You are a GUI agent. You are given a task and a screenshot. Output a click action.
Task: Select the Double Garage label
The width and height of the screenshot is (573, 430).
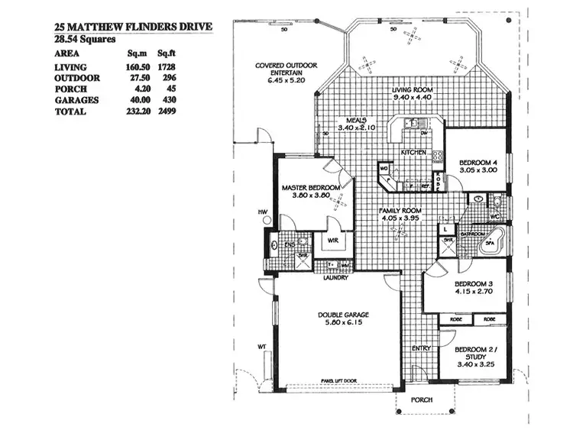344,314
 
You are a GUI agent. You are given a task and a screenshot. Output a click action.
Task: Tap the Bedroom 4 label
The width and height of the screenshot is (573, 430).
478,163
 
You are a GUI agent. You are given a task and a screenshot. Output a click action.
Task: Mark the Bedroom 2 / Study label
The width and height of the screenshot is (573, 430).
475,353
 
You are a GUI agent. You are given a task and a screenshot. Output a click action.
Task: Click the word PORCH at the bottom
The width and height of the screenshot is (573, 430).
421,399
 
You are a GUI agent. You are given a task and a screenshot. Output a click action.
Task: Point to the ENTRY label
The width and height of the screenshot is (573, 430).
421,348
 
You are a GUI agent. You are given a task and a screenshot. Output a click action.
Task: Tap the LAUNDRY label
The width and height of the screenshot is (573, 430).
335,278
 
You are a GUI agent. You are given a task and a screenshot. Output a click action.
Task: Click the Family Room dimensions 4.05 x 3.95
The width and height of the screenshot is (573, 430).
402,218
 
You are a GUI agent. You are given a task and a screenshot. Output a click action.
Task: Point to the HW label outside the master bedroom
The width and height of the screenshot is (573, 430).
262,211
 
